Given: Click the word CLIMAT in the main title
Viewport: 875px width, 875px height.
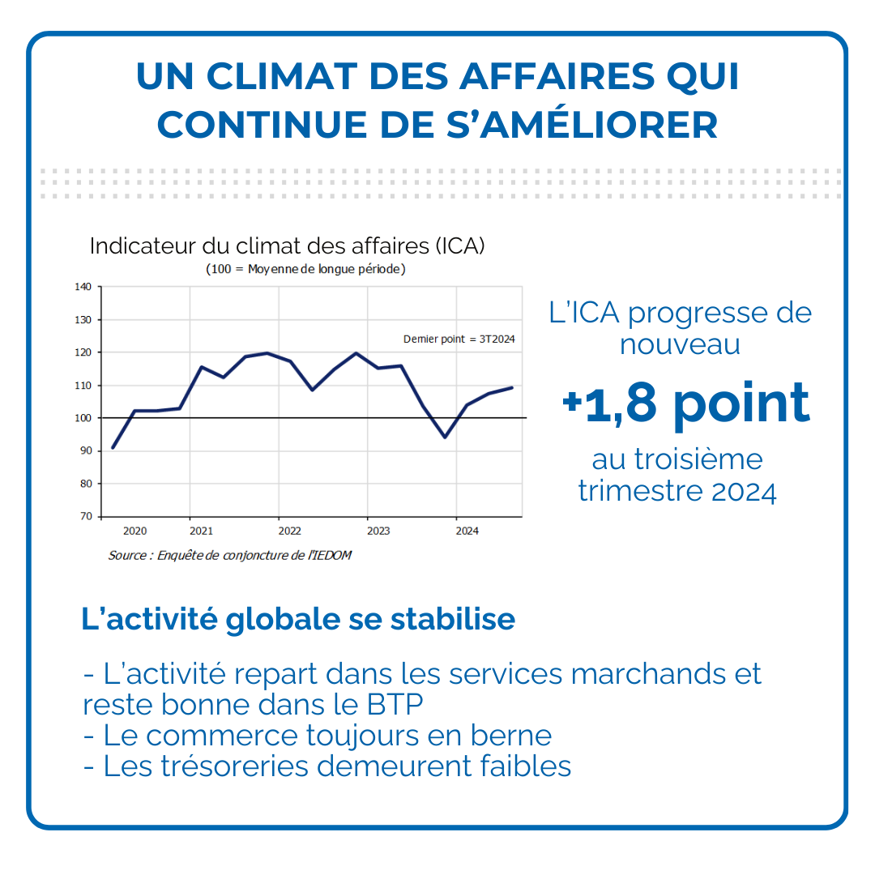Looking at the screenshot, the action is point(282,76).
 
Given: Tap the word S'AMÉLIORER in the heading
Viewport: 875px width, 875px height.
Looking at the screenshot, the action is point(582,124).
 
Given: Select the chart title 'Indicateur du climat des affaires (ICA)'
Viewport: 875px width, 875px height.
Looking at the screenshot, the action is point(288,246).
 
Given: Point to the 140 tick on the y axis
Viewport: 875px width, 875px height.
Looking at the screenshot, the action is point(83,287).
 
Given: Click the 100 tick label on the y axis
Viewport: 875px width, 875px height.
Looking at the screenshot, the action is point(83,418).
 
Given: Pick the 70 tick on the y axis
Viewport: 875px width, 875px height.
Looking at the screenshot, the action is point(86,516).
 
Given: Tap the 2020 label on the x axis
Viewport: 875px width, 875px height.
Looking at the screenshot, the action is point(135,531).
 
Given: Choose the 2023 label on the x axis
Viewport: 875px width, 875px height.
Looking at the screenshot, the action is point(378,531).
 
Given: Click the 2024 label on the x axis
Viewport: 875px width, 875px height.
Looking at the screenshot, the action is point(467,531).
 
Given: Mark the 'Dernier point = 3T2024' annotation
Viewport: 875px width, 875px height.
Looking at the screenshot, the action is point(459,339).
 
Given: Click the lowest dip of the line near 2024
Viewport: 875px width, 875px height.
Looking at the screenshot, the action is point(445,437).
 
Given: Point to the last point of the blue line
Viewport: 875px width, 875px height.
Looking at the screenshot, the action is point(512,387).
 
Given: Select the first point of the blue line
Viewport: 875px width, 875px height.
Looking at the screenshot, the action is point(113,447).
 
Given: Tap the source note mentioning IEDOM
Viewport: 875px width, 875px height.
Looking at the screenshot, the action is point(230,555).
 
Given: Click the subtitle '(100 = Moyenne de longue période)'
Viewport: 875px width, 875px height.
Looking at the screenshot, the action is point(305,269).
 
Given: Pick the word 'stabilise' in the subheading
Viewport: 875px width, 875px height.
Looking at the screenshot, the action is point(453,619).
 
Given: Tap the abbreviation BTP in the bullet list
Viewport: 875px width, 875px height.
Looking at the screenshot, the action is point(395,704).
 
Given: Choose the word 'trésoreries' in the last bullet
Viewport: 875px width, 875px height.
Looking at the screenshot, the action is point(234,766).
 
